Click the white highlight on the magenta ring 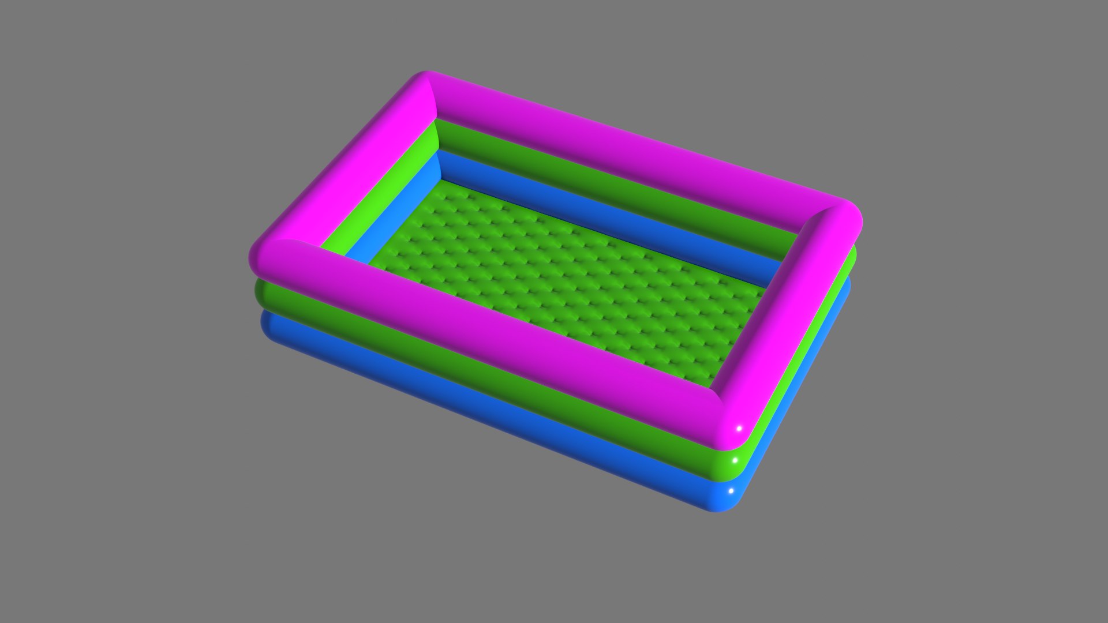[x=738, y=429]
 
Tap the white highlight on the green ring [x=735, y=461]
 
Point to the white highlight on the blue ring [x=731, y=491]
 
